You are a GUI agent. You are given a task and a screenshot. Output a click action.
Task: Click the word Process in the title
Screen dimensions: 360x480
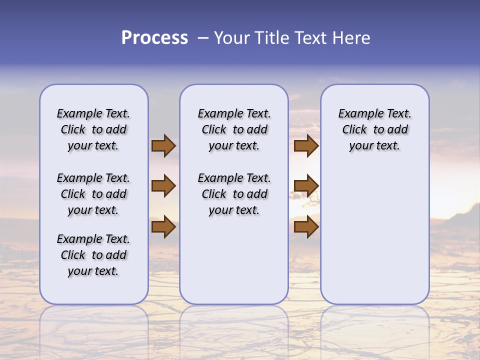pyautogui.click(x=154, y=38)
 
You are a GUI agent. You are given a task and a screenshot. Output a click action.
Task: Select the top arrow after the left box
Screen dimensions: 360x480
pyautogui.click(x=163, y=146)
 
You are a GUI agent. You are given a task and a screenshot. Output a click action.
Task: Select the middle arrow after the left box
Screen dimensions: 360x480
pyautogui.click(x=163, y=186)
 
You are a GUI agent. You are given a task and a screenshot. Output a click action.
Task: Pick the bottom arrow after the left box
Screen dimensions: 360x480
pyautogui.click(x=163, y=226)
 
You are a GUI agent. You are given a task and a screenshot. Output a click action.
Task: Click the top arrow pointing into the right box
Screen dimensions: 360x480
pyautogui.click(x=306, y=146)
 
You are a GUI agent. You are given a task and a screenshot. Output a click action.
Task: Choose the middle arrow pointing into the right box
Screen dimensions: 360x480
pyautogui.click(x=306, y=186)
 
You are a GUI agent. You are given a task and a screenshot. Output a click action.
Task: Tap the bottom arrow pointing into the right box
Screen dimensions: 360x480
pyautogui.click(x=306, y=226)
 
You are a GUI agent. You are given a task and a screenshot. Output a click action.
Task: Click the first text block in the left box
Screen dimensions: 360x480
pyautogui.click(x=93, y=129)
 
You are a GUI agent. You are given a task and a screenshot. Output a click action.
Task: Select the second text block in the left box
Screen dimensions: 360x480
pyautogui.click(x=93, y=194)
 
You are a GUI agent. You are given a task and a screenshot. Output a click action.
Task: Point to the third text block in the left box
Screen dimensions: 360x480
pyautogui.click(x=93, y=255)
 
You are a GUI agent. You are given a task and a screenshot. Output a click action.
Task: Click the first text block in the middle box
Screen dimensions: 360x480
pyautogui.click(x=234, y=129)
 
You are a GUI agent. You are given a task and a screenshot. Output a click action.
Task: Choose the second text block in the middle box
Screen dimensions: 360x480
pyautogui.click(x=234, y=194)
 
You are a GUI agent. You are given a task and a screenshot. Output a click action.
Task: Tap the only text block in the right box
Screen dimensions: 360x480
pyautogui.click(x=374, y=129)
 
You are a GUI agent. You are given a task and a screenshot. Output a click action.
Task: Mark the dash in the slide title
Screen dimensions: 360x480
pyautogui.click(x=203, y=38)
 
